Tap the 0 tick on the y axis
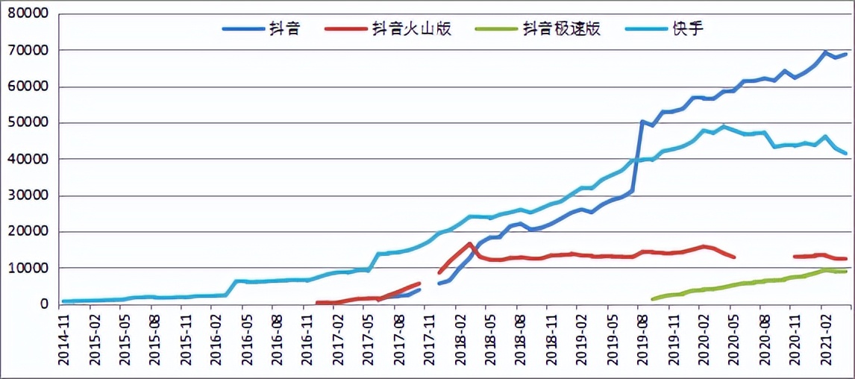[x=45, y=304]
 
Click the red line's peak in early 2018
[x=469, y=243]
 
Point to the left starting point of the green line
[x=653, y=299]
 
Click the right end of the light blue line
[x=845, y=153]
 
